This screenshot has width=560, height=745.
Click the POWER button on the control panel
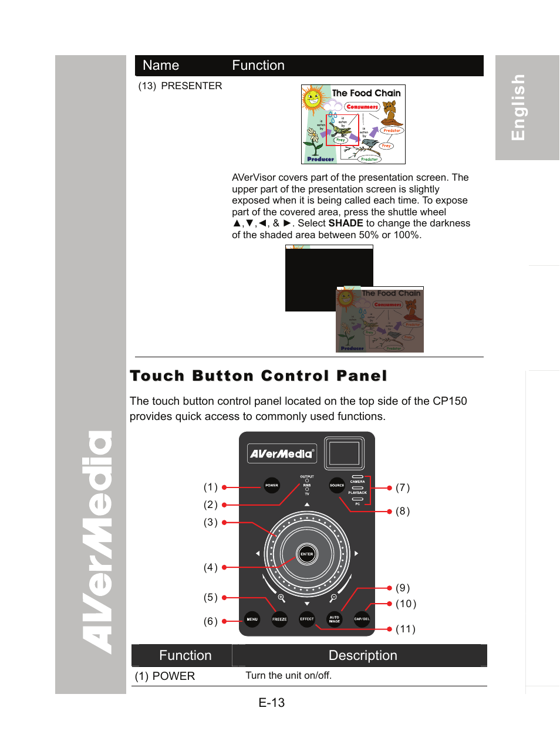pos(272,485)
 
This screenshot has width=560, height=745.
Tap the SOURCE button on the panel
pos(337,485)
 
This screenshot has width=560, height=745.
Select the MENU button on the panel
pos(252,619)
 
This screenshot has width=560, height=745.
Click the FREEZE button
pos(279,619)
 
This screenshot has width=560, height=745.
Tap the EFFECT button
pos(307,619)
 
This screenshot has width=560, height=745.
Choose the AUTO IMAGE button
pos(335,619)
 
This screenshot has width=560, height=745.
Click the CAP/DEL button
pos(362,619)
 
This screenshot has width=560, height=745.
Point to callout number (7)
pos(403,487)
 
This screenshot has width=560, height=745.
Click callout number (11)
pos(406,629)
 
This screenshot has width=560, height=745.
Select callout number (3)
pos(211,522)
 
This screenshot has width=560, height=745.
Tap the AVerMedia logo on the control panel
pos(282,453)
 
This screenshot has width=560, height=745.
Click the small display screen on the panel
pos(344,453)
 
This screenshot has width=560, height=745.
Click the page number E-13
pos(272,702)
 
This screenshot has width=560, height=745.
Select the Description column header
pos(363,655)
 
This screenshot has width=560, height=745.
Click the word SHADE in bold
pos(346,223)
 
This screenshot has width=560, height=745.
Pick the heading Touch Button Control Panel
pos(258,375)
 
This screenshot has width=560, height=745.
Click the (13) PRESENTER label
pos(180,86)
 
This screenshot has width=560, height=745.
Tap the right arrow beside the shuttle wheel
pos(356,553)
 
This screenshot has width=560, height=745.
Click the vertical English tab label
pos(518,107)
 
